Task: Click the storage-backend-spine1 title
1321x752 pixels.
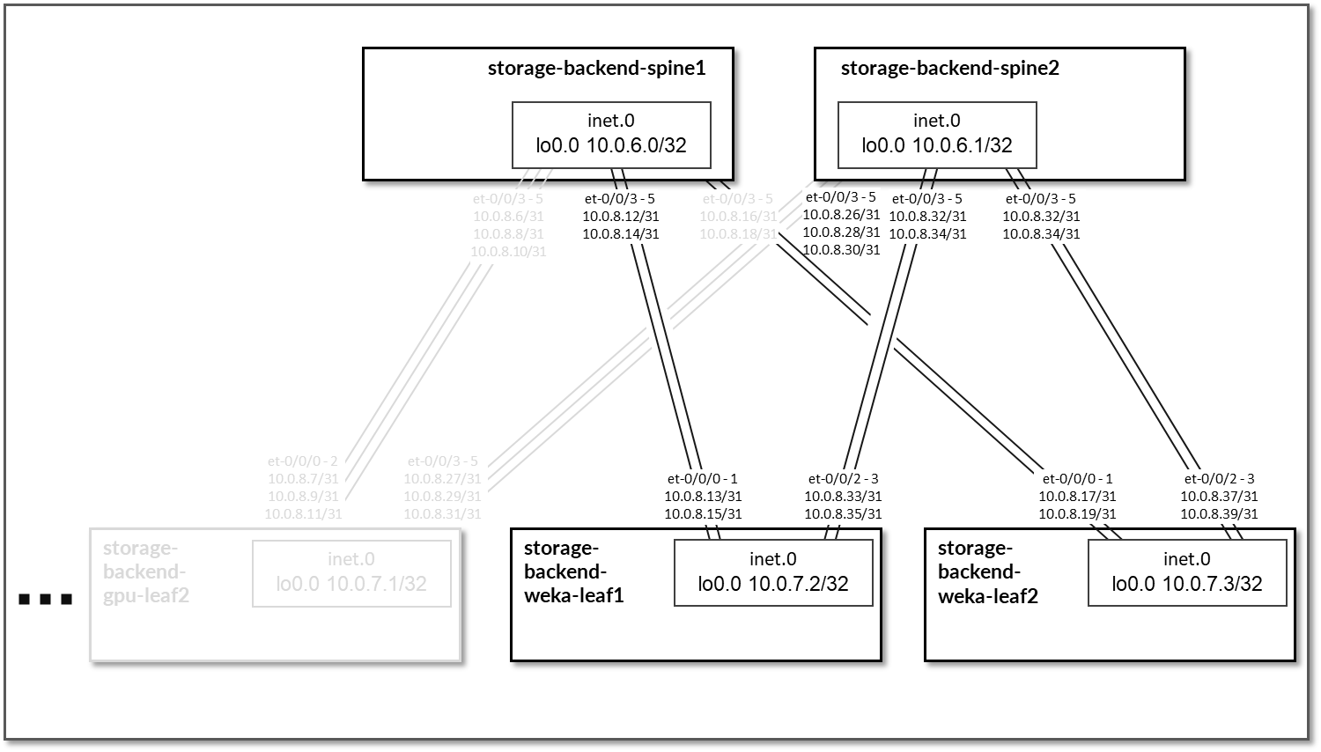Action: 596,68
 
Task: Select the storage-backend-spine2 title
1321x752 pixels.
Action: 949,68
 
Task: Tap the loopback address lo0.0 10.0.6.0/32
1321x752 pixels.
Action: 611,145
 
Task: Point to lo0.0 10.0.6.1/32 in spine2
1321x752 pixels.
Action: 936,145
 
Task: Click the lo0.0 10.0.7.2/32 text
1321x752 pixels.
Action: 772,584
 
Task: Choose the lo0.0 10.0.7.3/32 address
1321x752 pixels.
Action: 1186,584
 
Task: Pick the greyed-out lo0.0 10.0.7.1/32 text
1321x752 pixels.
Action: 351,584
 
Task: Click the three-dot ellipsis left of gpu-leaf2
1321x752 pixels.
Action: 45,600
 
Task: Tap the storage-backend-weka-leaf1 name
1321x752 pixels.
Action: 573,571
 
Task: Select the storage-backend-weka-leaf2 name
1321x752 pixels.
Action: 987,571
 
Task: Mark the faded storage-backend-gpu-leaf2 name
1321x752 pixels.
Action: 145,571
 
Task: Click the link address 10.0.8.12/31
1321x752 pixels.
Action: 620,216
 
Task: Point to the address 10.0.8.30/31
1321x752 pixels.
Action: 841,249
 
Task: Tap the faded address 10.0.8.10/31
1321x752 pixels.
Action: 508,251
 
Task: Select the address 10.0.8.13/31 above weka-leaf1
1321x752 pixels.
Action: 703,496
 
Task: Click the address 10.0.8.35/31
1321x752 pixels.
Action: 843,513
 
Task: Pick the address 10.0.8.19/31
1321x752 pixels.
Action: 1077,513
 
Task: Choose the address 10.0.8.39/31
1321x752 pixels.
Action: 1219,513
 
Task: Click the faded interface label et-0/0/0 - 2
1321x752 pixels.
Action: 303,461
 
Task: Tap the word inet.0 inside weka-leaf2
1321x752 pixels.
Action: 1186,559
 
